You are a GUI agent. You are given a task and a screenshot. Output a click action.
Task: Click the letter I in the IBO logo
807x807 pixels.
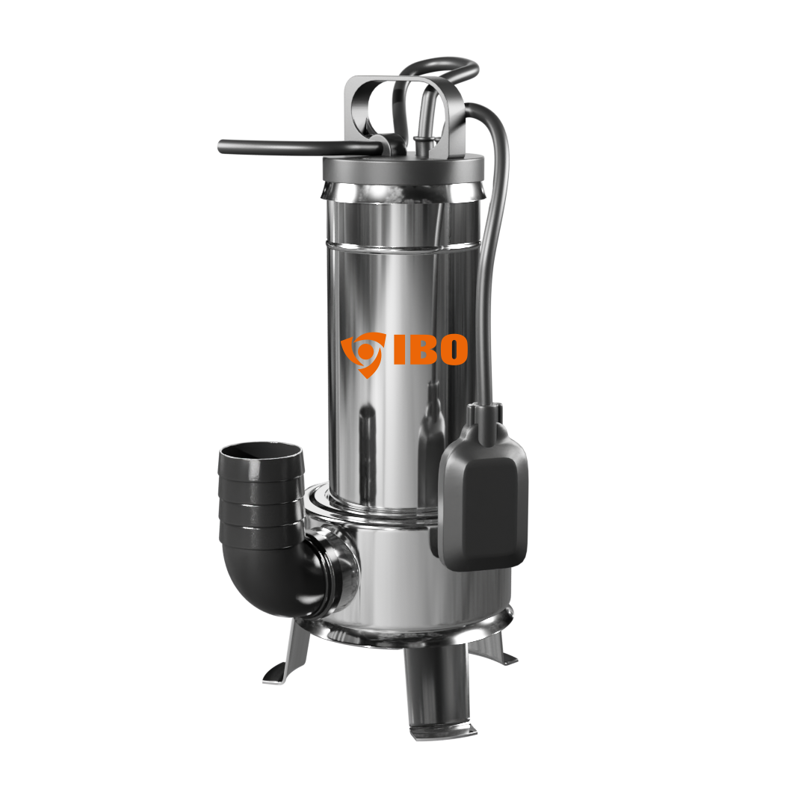click(400, 350)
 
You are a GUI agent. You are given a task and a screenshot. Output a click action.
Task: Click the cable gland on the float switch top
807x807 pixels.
click(485, 413)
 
